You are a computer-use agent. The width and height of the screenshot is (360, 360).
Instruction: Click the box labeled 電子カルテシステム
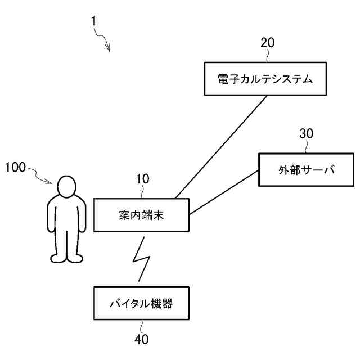(264, 79)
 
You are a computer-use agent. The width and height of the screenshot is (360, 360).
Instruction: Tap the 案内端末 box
(141, 214)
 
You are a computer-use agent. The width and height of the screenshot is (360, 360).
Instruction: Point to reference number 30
(307, 133)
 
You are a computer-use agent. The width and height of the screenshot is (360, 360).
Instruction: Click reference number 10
(143, 179)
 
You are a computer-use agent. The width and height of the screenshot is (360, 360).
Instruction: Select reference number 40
(142, 340)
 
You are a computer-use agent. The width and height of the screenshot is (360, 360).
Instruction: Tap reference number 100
(15, 168)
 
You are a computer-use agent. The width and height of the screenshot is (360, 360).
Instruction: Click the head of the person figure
(67, 186)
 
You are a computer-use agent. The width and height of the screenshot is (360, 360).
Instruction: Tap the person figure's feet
(67, 258)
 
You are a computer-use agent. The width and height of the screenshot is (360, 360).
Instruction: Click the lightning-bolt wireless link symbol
(141, 258)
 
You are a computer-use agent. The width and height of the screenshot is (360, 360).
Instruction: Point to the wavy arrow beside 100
(43, 175)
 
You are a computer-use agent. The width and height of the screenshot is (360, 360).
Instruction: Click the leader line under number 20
(268, 55)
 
